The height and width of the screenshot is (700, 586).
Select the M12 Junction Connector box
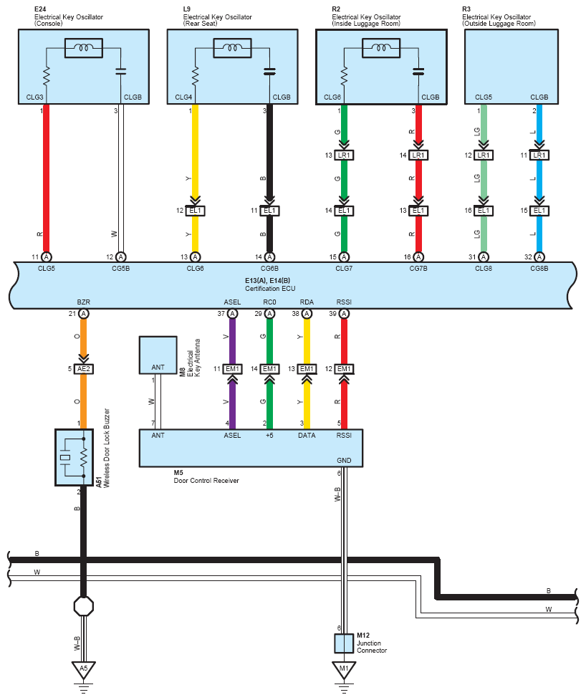(344, 643)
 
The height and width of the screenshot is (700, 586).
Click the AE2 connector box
(84, 369)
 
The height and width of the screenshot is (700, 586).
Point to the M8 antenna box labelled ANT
(158, 355)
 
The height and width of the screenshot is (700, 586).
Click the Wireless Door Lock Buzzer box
(74, 457)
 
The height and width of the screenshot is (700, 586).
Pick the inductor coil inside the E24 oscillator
(84, 48)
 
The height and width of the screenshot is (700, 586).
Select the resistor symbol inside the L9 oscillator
(195, 77)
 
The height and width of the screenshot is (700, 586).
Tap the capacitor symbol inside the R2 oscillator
(418, 72)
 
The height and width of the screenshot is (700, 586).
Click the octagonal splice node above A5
(84, 606)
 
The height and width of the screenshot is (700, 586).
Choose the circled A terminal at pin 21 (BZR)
(84, 314)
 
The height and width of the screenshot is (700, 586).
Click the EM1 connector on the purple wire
(233, 369)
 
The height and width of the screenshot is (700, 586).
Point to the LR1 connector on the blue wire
(539, 155)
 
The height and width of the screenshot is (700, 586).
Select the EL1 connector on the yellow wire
(195, 211)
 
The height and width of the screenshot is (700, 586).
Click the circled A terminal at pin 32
(539, 256)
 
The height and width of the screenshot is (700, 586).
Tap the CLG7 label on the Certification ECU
(344, 268)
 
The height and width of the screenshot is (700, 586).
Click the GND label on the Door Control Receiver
(344, 460)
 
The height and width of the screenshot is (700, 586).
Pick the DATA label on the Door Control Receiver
(307, 436)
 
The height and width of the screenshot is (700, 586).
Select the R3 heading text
(466, 9)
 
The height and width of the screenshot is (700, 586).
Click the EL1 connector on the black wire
(269, 211)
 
